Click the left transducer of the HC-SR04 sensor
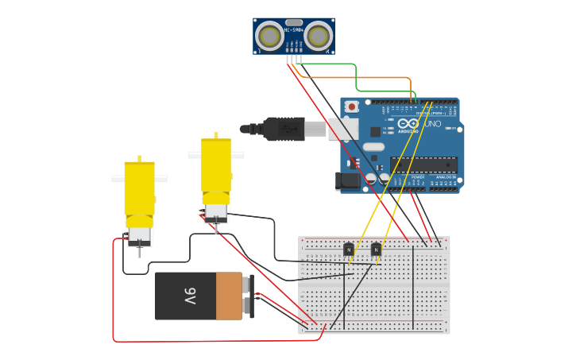[x=270, y=37]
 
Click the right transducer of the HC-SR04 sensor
[x=318, y=37]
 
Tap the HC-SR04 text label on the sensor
[x=294, y=30]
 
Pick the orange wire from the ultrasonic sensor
[x=358, y=78]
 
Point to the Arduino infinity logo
[x=408, y=124]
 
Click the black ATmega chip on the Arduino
[x=423, y=165]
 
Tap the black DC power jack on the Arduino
[x=348, y=180]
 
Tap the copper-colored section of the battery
[x=229, y=296]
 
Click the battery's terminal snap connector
[x=249, y=296]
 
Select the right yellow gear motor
[x=215, y=171]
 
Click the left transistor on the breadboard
[x=348, y=250]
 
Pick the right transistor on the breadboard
[x=376, y=250]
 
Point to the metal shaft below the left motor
[x=140, y=251]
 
